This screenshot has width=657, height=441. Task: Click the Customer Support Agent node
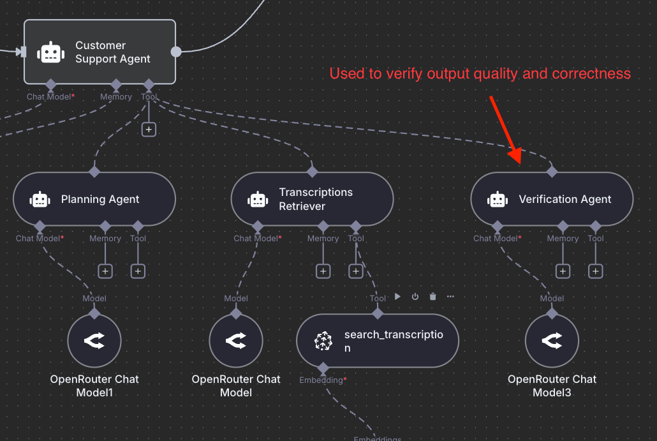click(x=100, y=52)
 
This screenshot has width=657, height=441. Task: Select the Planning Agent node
click(x=94, y=199)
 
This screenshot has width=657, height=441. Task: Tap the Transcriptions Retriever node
click(x=312, y=199)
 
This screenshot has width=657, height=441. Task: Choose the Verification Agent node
click(x=552, y=199)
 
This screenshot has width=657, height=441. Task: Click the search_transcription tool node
click(x=378, y=341)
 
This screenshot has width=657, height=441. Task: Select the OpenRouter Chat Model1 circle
click(x=94, y=341)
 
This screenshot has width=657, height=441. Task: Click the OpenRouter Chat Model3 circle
click(x=552, y=341)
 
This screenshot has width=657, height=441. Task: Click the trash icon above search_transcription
click(x=432, y=297)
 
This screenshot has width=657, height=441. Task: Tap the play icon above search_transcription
click(x=397, y=297)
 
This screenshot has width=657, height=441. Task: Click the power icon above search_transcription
click(x=415, y=297)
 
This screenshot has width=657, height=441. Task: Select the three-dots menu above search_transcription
click(x=450, y=297)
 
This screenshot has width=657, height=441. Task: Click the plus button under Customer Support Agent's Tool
click(x=149, y=130)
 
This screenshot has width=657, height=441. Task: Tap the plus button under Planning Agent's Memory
click(x=105, y=271)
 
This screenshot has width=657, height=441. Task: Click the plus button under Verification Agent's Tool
click(x=596, y=271)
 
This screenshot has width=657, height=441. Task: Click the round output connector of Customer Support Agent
click(x=176, y=52)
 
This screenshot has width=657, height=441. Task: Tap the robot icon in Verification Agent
click(x=497, y=199)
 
